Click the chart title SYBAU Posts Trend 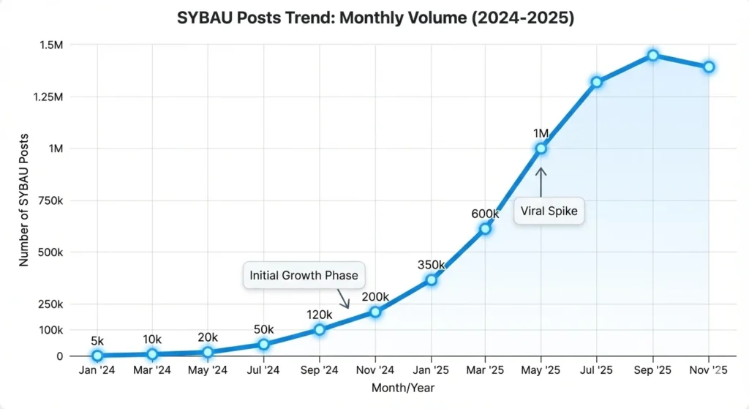point(375,19)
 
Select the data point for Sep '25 point(652,55)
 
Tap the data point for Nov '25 point(708,67)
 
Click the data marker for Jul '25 point(597,82)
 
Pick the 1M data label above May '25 point(541,132)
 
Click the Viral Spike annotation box point(549,211)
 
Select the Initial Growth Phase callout point(304,276)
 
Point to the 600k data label point(485,214)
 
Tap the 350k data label point(431,264)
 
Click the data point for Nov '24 point(375,312)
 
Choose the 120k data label point(320,314)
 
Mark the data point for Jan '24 point(97,356)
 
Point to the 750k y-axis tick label point(49,200)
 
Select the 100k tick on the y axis point(49,330)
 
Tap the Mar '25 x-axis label point(486,371)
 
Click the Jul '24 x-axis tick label point(263,371)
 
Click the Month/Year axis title point(403,388)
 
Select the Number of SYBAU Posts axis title point(24,200)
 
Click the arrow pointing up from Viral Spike point(541,181)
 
